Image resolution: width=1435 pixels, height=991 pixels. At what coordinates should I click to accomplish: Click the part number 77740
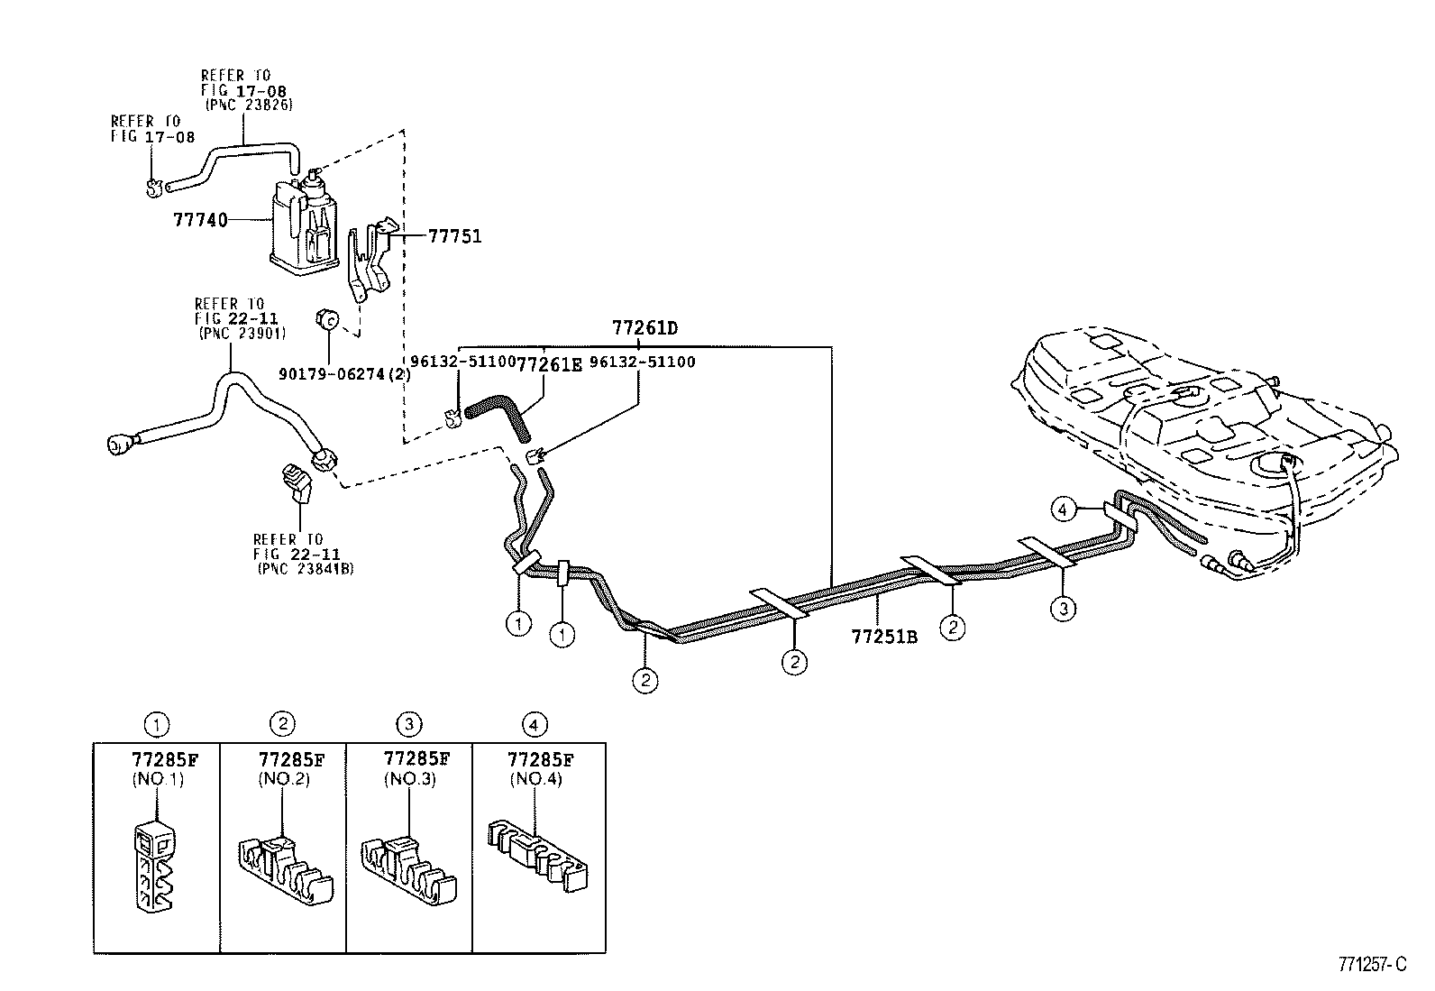point(200,220)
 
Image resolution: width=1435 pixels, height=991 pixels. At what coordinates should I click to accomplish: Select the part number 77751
point(455,236)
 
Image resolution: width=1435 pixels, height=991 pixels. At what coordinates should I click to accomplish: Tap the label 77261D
point(644,328)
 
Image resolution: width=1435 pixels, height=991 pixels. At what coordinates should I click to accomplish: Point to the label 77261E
point(549,364)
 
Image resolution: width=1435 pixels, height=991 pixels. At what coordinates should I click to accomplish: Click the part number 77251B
point(884,637)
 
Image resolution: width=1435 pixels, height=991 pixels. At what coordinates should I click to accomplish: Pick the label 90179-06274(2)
point(344,373)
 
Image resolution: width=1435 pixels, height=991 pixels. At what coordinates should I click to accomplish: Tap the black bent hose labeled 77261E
point(498,419)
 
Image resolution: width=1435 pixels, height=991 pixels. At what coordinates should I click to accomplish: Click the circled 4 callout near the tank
point(1063,509)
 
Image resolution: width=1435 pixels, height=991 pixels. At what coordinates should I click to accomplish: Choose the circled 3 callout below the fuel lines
point(1064,609)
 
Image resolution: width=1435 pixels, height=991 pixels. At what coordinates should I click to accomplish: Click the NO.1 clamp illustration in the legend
point(155,865)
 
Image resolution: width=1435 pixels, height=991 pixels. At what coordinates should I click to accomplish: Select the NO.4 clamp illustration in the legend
point(537,855)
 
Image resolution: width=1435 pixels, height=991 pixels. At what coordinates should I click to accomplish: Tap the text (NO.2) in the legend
point(284,779)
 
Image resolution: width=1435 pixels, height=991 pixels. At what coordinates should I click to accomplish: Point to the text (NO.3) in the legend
point(410,779)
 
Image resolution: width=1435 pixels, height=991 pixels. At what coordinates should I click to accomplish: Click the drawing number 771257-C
point(1372,964)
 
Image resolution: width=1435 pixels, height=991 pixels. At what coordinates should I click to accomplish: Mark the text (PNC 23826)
point(249,105)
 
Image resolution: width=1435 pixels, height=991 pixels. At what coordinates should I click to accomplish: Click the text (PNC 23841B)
point(306,569)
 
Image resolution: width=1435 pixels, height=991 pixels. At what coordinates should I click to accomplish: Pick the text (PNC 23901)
point(242,334)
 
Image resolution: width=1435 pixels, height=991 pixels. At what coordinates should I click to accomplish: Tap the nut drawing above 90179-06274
point(327,318)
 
